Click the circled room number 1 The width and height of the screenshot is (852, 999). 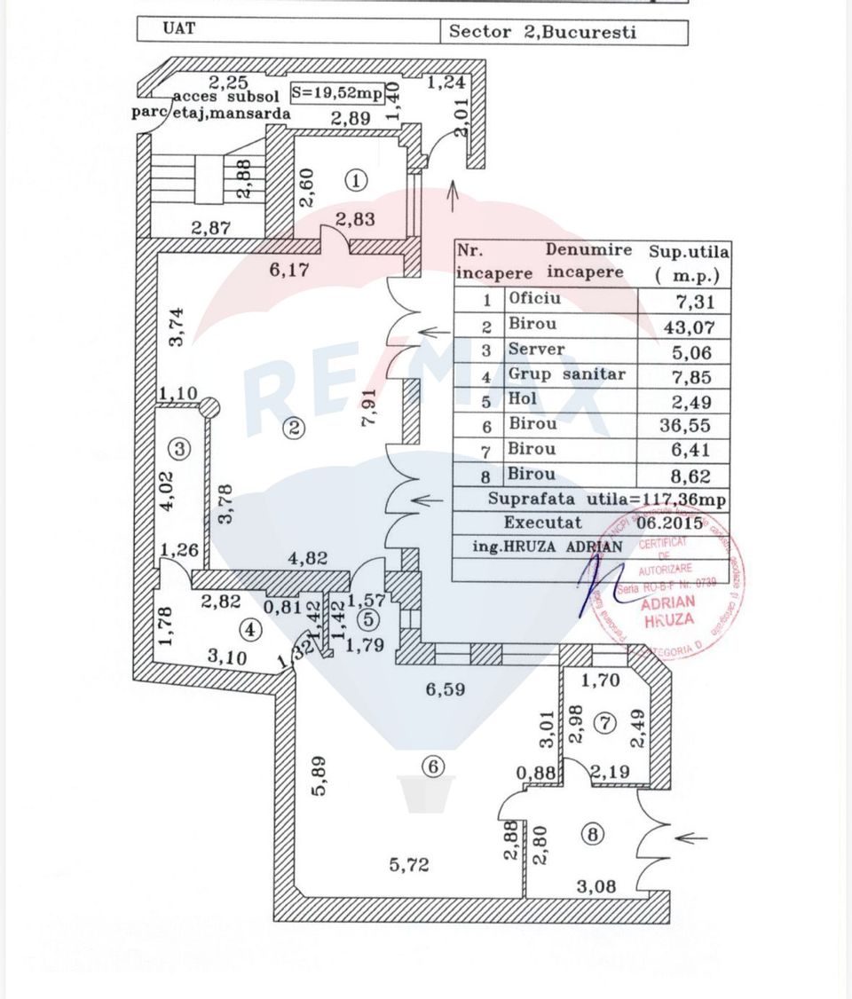[x=356, y=181]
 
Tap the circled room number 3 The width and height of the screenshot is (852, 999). [x=180, y=449]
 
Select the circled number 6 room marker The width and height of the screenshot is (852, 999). [x=432, y=766]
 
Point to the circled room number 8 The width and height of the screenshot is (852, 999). [x=593, y=834]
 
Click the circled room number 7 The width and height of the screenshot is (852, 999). [x=605, y=723]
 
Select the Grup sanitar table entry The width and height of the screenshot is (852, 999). [x=566, y=374]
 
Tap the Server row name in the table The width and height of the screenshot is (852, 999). [x=536, y=350]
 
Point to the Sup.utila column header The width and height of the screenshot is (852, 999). [x=690, y=264]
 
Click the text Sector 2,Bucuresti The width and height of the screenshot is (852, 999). [x=542, y=32]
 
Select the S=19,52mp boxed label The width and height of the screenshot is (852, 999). [x=336, y=91]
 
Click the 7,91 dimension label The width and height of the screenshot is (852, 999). [x=371, y=407]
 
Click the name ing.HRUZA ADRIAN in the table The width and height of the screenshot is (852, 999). [x=539, y=546]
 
